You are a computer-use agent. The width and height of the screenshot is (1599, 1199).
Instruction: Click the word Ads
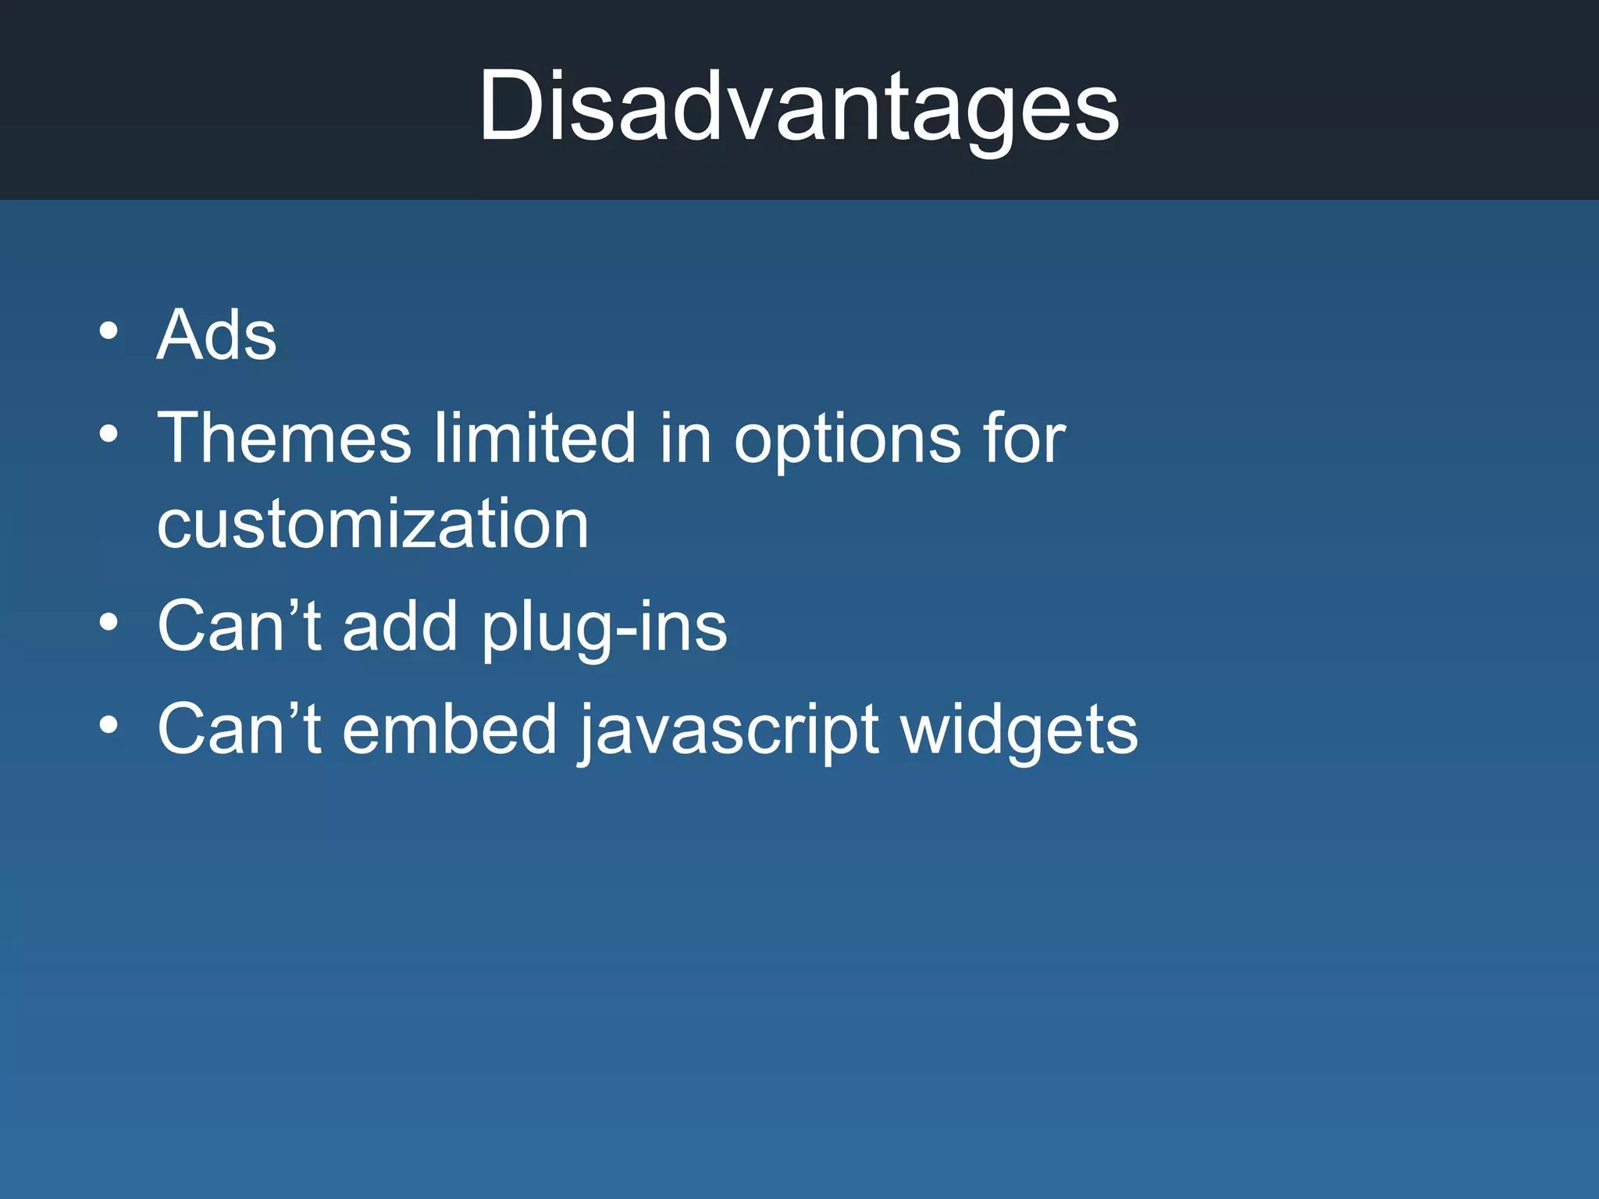click(217, 335)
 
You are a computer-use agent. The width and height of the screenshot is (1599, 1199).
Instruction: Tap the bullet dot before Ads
click(109, 331)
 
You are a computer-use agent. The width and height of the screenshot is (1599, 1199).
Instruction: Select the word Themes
click(284, 438)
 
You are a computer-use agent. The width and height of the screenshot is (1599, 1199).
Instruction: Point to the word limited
click(535, 438)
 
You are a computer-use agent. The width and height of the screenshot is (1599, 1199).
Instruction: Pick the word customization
click(372, 524)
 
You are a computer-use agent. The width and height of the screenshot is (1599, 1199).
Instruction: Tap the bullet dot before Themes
click(109, 433)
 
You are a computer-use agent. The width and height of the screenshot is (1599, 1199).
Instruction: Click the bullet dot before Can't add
click(109, 622)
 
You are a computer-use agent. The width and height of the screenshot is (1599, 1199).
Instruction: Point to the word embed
click(450, 729)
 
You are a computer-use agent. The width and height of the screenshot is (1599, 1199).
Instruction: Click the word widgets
click(1019, 731)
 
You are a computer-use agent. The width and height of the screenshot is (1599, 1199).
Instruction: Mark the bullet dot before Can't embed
click(109, 725)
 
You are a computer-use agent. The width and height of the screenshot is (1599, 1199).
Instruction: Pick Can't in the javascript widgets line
click(239, 729)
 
